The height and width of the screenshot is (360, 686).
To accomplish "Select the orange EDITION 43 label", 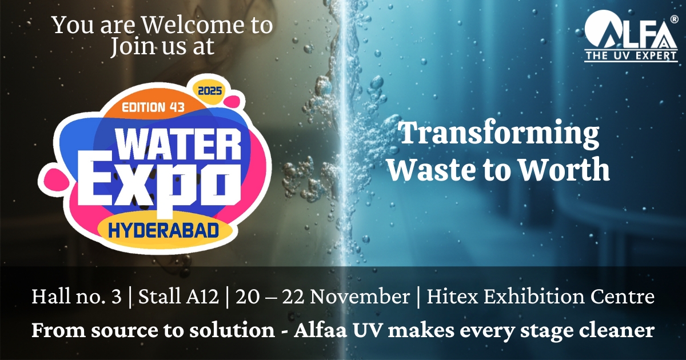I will tap(151, 106).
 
